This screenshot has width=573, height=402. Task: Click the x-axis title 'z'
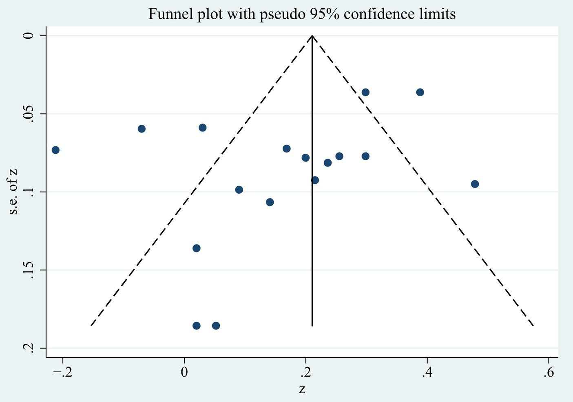(302, 389)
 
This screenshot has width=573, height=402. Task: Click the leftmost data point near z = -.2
(55, 150)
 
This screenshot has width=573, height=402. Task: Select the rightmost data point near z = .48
(475, 184)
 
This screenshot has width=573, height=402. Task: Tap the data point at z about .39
(420, 92)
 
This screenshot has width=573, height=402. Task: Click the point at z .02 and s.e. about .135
(197, 248)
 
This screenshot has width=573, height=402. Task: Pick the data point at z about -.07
(142, 129)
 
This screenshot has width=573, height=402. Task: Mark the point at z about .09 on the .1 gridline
(239, 190)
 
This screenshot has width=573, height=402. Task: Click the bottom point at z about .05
(216, 326)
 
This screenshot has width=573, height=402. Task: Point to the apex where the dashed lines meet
(312, 36)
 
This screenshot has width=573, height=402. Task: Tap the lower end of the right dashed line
(533, 325)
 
